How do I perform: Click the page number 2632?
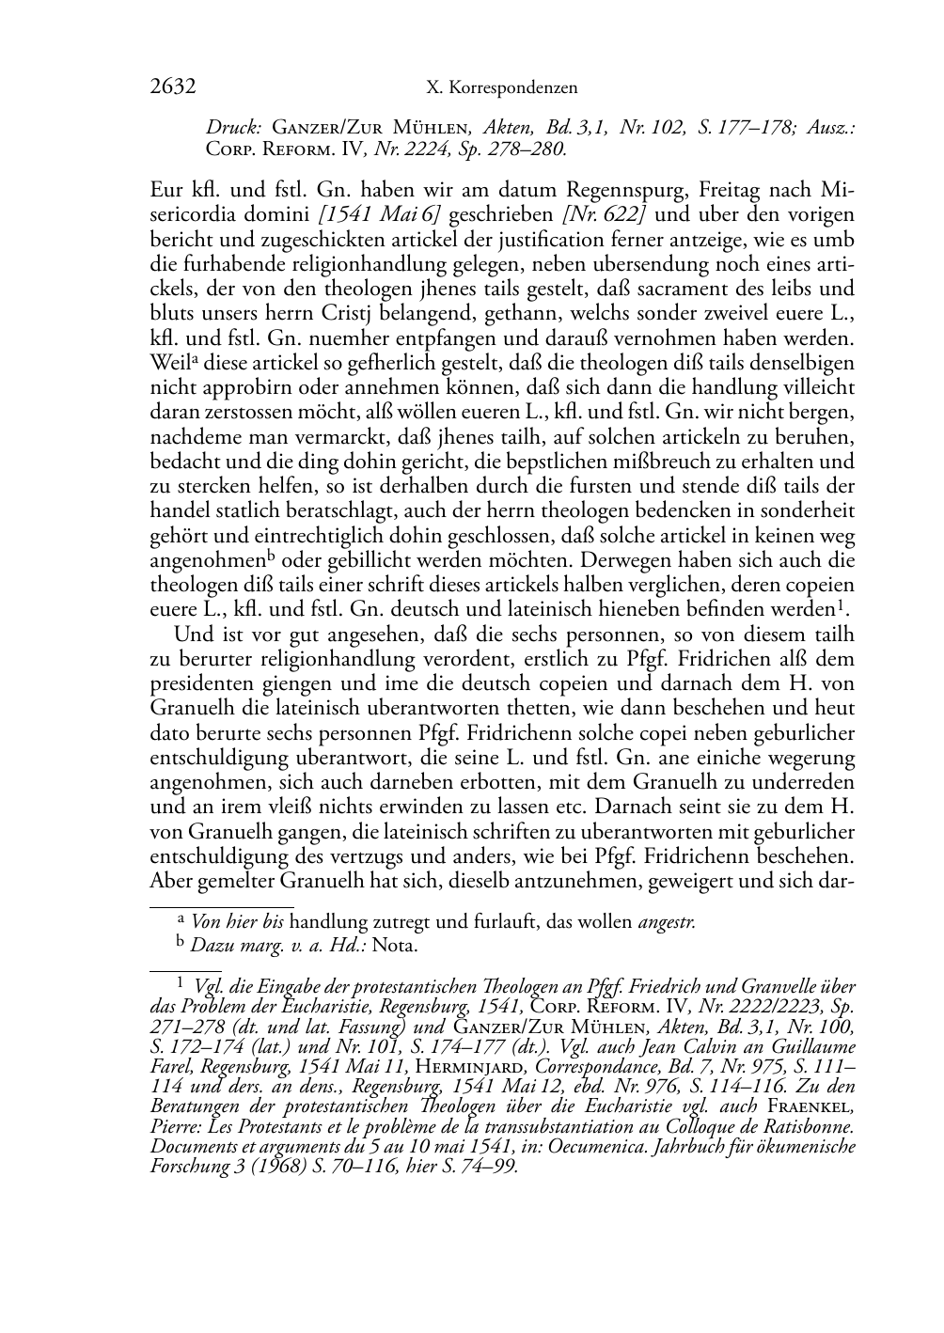point(172,87)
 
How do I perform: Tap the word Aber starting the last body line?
point(171,881)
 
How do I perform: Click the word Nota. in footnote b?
point(395,946)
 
